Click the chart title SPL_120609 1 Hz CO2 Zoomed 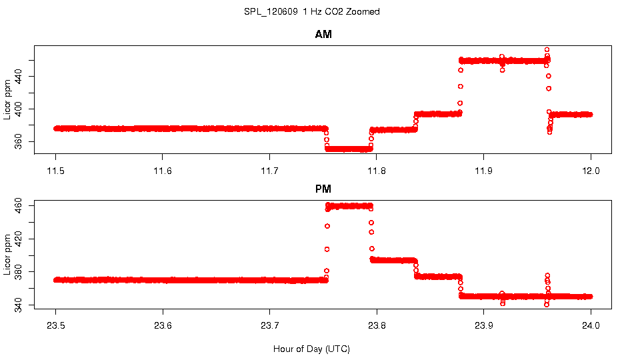click(312, 11)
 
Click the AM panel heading click(323, 35)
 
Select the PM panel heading click(323, 189)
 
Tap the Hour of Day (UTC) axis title click(311, 349)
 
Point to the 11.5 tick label click(56, 171)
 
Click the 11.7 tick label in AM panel click(269, 171)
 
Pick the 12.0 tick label click(591, 171)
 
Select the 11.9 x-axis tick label click(484, 171)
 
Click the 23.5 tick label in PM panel click(56, 327)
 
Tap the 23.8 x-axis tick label click(377, 327)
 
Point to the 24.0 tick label click(591, 327)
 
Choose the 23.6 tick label click(163, 327)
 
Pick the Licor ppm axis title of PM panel click(7, 254)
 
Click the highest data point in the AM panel click(547, 50)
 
